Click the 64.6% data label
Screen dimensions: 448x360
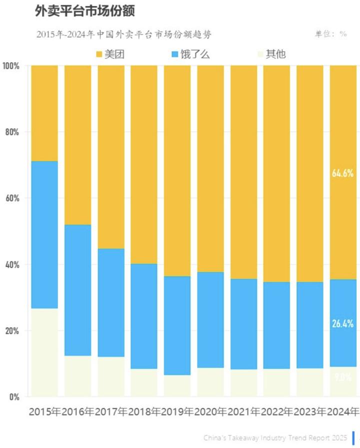pyautogui.click(x=342, y=174)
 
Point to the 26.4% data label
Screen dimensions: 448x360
pyautogui.click(x=342, y=323)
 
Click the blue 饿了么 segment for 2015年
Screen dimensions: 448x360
pyautogui.click(x=44, y=235)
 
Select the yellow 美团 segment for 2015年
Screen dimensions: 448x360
pyautogui.click(x=44, y=113)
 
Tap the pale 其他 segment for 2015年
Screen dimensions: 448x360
pyautogui.click(x=44, y=352)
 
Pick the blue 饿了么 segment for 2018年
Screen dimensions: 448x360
pyautogui.click(x=144, y=316)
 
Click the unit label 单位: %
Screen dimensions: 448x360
pyautogui.click(x=330, y=34)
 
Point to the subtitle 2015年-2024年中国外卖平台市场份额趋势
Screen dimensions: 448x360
pyautogui.click(x=124, y=34)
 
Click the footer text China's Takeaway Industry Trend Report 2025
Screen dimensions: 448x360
pyautogui.click(x=275, y=437)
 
